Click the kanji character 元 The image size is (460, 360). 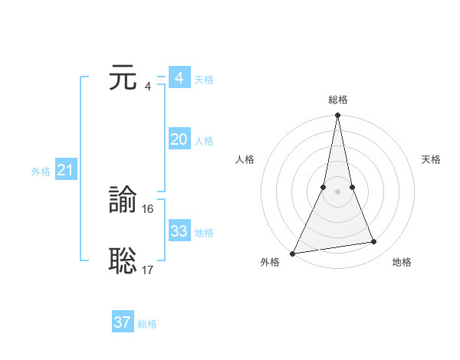coord(123,79)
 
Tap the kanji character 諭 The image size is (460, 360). coord(123,201)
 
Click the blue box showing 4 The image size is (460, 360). coord(179,78)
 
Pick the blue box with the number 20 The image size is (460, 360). coord(179,139)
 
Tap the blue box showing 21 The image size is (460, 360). coord(65,171)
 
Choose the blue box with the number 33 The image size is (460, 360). coord(179,231)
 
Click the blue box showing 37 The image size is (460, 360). coord(122,322)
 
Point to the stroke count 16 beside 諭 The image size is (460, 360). coord(148,208)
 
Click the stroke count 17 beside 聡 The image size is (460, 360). coord(148,270)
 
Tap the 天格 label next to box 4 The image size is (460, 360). coord(204,80)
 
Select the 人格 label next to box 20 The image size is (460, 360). coord(204,141)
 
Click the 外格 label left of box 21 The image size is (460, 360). coord(41,172)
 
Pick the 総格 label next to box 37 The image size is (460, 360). coord(147,324)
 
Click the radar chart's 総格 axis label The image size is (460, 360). coord(337,100)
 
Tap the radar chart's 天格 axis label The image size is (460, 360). coord(431,159)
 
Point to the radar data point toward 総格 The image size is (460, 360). coord(337,116)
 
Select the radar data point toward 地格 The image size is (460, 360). coord(374,242)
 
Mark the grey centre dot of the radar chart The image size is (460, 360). coord(337,192)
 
